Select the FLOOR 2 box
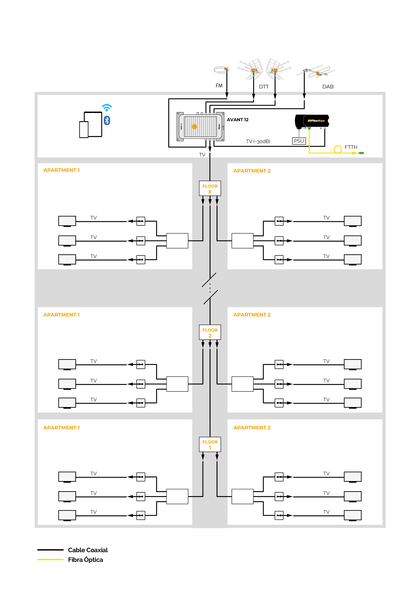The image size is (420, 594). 210,332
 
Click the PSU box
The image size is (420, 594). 299,141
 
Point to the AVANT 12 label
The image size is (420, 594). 238,120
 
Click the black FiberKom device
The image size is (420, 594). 312,121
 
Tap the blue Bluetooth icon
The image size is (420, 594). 107,121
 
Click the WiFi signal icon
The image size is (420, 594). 107,107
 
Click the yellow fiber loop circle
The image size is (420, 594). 338,149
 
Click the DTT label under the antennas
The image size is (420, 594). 264,87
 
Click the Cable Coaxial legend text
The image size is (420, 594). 88,550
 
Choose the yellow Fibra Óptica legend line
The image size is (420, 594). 50,560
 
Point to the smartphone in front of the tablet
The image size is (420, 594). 84,130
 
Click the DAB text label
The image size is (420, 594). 328,87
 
